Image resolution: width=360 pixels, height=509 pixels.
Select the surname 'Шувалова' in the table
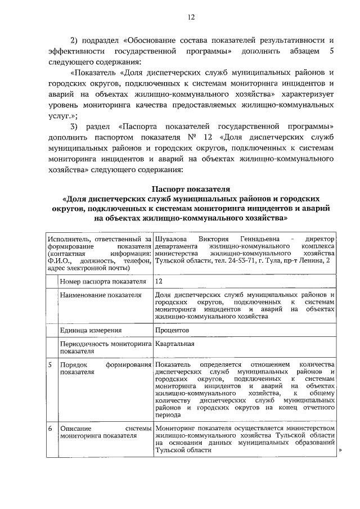170,239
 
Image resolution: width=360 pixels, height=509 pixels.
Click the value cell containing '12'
160,281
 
